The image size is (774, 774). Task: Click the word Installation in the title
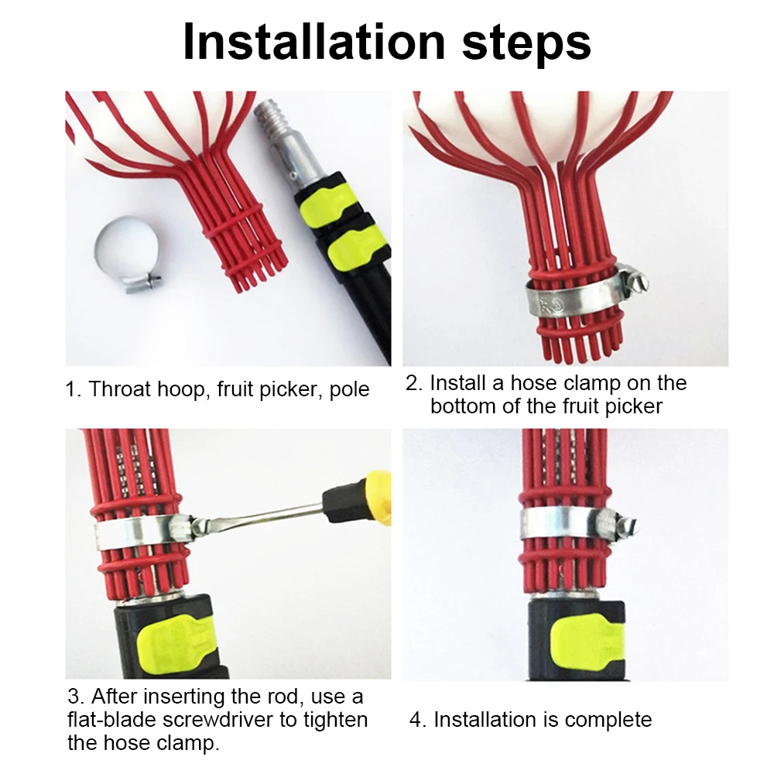point(314,42)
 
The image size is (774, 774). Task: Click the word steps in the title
point(526,44)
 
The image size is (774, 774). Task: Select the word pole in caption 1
point(349,390)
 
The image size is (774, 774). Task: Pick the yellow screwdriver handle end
point(378,498)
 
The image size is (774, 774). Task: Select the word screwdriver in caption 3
point(217,719)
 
